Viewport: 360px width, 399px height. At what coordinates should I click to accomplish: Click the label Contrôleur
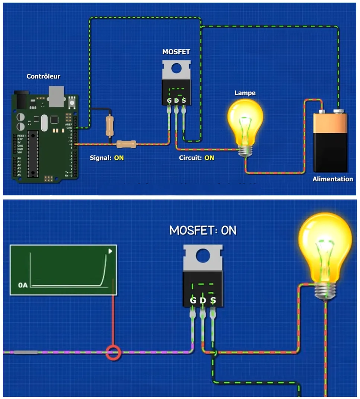(43, 76)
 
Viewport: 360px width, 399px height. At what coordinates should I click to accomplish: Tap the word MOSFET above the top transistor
(176, 52)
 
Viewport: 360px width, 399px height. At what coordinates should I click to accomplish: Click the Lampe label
(245, 93)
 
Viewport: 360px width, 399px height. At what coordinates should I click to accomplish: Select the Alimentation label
(332, 179)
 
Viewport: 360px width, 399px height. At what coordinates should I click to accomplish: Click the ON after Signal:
(119, 158)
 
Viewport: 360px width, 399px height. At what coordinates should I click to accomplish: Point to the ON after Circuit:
(209, 158)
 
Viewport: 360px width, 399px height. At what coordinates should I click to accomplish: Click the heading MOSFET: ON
(203, 230)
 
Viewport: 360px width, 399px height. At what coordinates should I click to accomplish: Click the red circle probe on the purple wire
(113, 352)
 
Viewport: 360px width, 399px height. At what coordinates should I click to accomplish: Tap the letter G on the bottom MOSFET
(193, 300)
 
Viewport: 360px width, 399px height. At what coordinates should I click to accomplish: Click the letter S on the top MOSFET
(184, 101)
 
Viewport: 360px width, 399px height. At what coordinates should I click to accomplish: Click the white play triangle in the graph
(110, 251)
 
